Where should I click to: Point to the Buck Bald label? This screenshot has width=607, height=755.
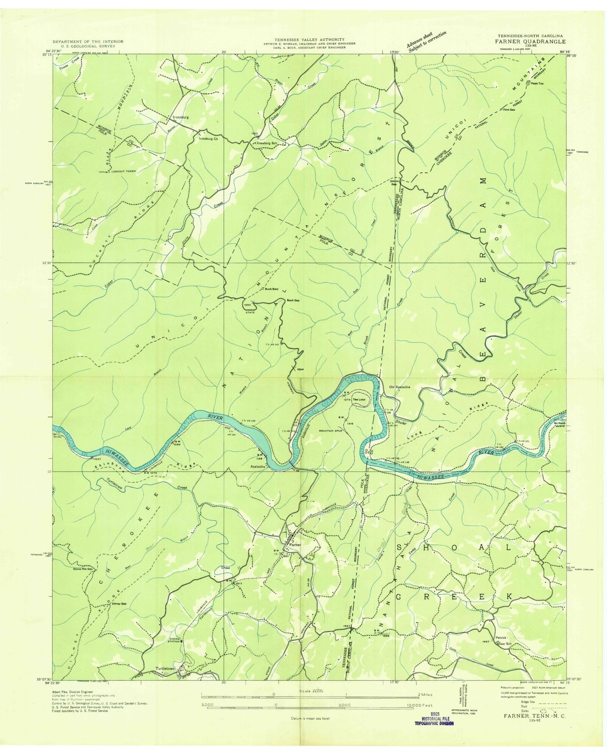pos(272,289)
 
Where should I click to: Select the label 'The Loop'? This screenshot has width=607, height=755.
pos(359,399)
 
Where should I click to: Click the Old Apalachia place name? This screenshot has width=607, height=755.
pos(399,387)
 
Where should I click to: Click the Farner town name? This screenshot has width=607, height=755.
pos(295,544)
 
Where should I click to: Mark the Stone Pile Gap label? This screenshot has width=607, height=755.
pos(83,569)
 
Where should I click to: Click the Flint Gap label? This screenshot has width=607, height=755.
pos(509,109)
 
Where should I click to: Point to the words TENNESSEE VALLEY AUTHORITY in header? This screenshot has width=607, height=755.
pos(309,39)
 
